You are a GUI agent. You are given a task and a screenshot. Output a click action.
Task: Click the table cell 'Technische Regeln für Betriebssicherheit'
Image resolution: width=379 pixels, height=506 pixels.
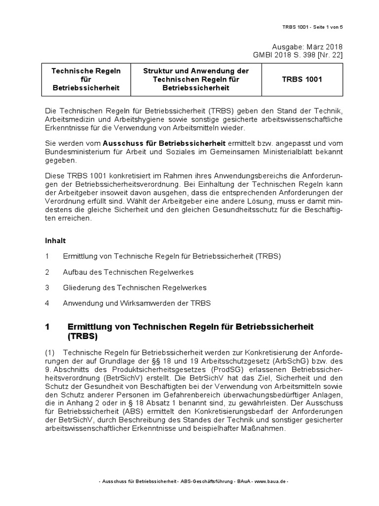pyautogui.click(x=86, y=79)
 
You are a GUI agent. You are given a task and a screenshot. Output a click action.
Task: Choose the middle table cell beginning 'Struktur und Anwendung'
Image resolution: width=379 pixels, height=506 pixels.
pyautogui.click(x=196, y=79)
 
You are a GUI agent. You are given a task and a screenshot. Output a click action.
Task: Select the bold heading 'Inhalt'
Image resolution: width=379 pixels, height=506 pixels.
pyautogui.click(x=55, y=241)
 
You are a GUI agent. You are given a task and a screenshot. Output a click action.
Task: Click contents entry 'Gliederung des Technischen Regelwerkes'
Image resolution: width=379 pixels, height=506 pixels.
pyautogui.click(x=135, y=288)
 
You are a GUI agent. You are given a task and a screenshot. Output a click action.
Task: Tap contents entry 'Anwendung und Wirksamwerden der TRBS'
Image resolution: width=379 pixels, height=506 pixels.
pyautogui.click(x=137, y=303)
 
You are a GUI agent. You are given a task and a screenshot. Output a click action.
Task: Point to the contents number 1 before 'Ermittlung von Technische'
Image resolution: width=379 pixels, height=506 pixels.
pyautogui.click(x=47, y=256)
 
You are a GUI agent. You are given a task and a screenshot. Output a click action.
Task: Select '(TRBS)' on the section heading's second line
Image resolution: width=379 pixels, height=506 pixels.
pyautogui.click(x=82, y=337)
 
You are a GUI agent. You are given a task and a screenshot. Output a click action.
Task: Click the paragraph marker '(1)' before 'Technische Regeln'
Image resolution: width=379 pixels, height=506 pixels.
pyautogui.click(x=51, y=352)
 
